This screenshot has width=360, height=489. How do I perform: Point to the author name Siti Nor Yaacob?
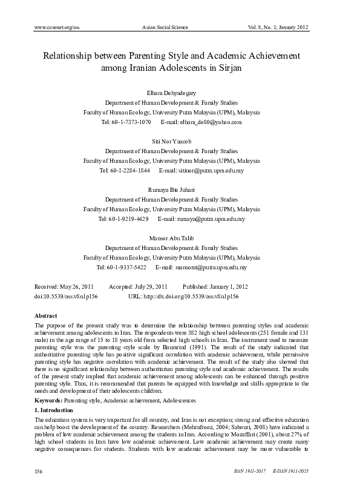click(x=180, y=141)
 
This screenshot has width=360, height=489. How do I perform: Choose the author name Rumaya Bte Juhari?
click(x=180, y=191)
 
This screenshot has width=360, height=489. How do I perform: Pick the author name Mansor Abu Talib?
click(x=180, y=238)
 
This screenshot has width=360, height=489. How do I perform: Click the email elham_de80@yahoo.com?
click(x=210, y=122)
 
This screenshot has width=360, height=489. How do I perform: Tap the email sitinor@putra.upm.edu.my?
click(x=209, y=171)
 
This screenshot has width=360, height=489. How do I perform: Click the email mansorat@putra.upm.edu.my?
click(x=210, y=267)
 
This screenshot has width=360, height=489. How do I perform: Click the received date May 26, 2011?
click(x=75, y=286)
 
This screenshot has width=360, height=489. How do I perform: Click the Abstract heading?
click(x=46, y=316)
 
